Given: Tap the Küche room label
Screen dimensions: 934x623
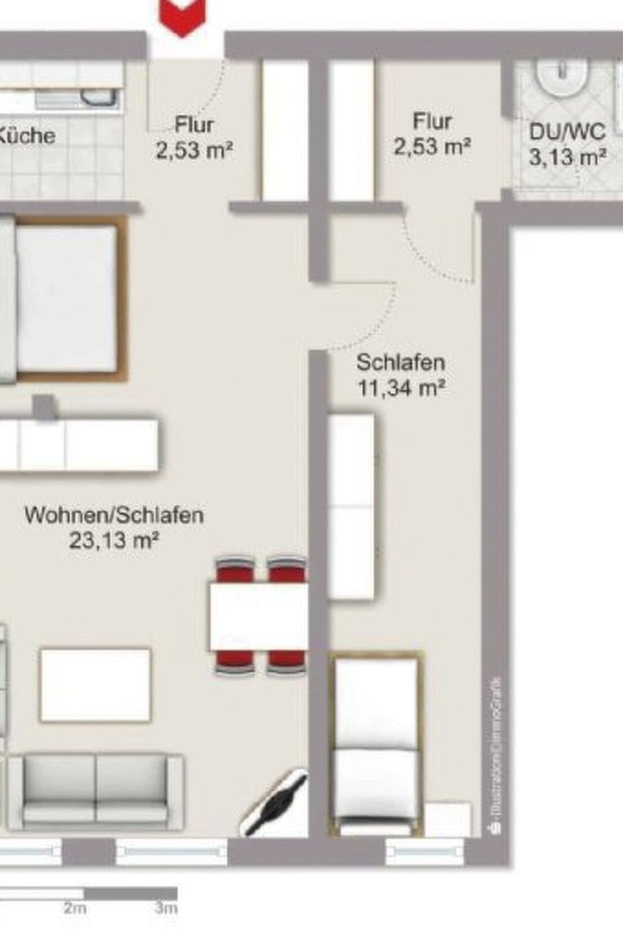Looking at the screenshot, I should tap(27, 136).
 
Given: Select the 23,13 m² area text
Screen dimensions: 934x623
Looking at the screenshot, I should tap(114, 540).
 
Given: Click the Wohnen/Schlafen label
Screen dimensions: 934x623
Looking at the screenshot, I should tap(114, 516).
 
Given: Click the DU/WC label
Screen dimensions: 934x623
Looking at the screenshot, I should tap(567, 132).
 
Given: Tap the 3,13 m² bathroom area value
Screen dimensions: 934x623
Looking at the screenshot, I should tap(567, 157).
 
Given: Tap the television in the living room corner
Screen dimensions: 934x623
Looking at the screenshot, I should tap(275, 802).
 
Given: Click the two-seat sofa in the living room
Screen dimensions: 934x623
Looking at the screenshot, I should tap(95, 789).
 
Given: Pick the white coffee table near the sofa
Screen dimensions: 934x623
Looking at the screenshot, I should tap(95, 684).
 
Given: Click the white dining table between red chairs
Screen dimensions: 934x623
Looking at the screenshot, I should tap(258, 617).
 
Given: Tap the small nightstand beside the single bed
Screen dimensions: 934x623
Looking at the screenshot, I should tap(448, 819).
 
